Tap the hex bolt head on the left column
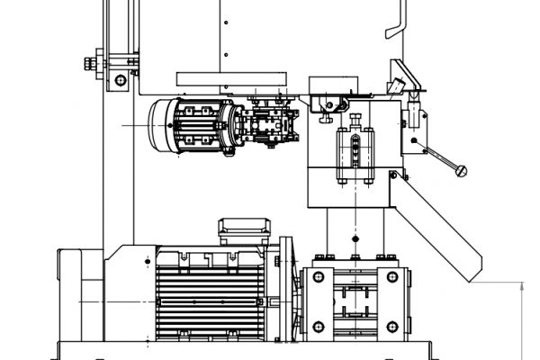click(89, 63)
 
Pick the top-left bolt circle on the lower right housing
click(319, 277)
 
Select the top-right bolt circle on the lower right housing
click(391, 277)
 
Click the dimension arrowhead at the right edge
click(522, 286)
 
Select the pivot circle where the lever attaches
click(413, 142)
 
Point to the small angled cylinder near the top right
click(397, 85)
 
